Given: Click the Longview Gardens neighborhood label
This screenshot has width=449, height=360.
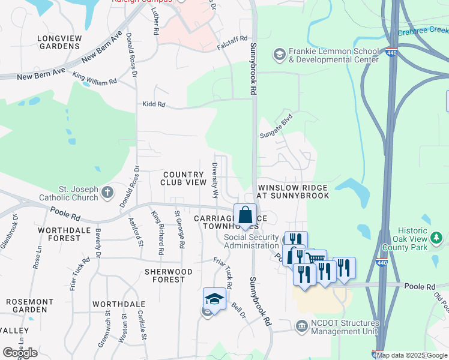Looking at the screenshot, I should click(59, 42).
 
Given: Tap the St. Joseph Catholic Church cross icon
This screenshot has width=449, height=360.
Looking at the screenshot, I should click(107, 192).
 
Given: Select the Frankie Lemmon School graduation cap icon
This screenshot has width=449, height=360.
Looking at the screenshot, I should click(279, 55).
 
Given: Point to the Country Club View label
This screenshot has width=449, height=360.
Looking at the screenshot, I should click(184, 178).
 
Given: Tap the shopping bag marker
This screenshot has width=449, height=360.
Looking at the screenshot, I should click(246, 215).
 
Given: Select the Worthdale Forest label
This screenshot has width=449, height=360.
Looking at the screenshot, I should click(59, 234).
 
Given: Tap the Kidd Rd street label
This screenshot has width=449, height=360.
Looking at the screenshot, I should click(154, 104).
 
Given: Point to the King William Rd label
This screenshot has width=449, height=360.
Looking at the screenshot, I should click(94, 79).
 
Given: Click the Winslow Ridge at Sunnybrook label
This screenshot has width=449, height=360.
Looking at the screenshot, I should click(294, 191).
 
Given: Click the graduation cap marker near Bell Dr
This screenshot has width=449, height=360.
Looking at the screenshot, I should click(214, 298).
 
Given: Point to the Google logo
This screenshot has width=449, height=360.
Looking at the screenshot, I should click(20, 353).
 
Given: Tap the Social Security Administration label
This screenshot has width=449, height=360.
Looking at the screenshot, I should click(252, 241).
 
